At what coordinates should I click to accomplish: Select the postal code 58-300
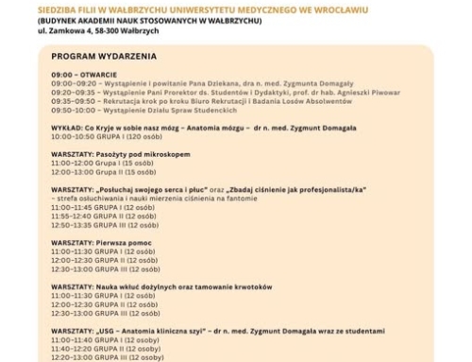128,31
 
